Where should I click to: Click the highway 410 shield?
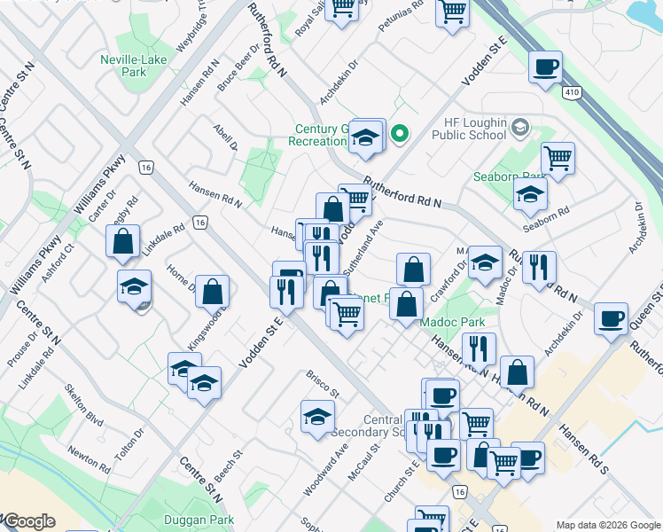coord(572,91)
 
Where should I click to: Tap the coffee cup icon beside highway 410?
coord(545,67)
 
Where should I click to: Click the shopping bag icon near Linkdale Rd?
coord(123,241)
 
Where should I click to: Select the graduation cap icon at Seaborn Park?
coord(530,194)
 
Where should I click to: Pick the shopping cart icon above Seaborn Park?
coord(558,159)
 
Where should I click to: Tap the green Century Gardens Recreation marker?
coord(400,135)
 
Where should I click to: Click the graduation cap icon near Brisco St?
coord(317,417)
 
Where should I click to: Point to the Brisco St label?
coord(324,387)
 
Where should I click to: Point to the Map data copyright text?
coord(607,525)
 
